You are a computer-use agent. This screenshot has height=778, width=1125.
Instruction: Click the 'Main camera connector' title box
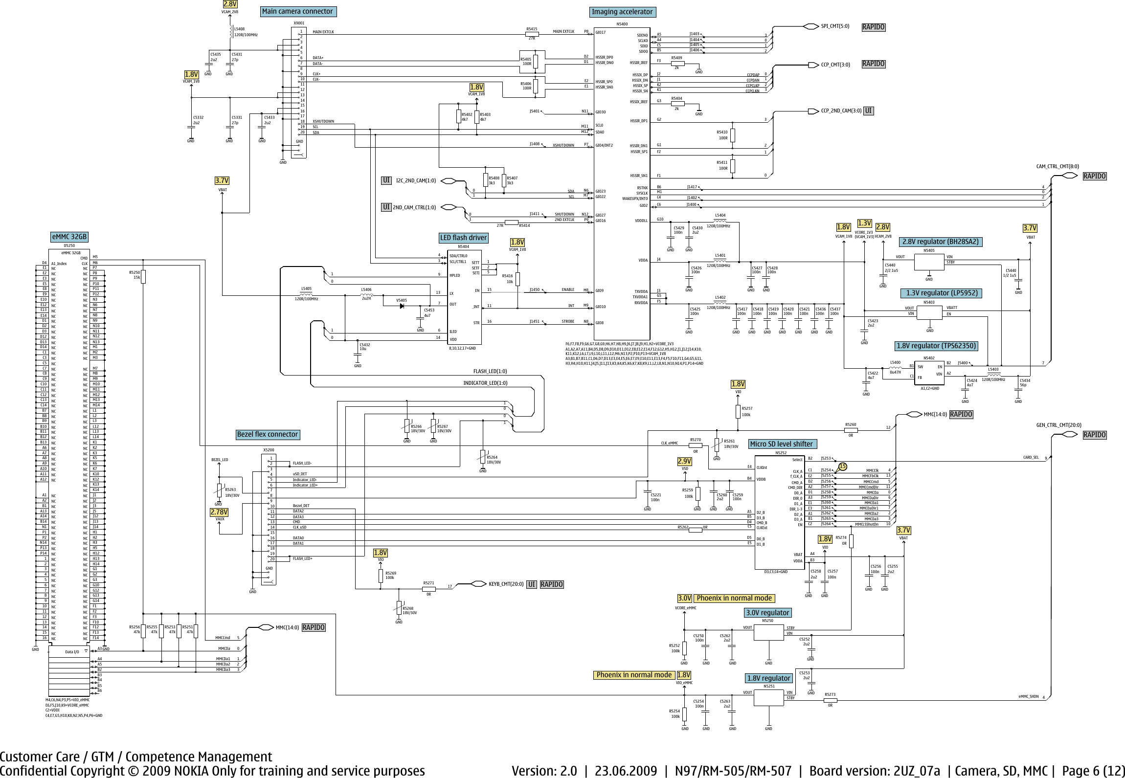coord(297,11)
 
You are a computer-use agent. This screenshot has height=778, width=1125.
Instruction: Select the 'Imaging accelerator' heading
coord(622,12)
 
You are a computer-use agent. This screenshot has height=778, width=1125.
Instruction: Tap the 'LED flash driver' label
coord(463,238)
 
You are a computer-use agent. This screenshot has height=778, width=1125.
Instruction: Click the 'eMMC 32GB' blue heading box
coord(69,237)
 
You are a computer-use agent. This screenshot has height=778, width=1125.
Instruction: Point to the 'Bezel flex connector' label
coord(267,434)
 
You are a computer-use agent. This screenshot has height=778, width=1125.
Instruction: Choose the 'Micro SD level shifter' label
coord(781,444)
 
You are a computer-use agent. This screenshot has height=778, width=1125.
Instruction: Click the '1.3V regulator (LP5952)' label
coord(942,293)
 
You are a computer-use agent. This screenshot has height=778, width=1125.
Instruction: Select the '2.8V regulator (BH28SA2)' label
coord(940,242)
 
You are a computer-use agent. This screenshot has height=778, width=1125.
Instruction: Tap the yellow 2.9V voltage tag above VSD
coord(684,461)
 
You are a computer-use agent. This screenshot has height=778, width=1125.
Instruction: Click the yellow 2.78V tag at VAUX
coord(219,512)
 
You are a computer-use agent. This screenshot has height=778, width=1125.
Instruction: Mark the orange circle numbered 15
coord(842,467)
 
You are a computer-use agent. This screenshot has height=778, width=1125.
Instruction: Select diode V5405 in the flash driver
coord(402,306)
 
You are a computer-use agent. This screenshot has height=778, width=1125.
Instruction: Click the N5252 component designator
coord(781,453)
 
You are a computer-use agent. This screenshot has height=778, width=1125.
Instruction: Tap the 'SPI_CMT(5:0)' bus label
coord(835,26)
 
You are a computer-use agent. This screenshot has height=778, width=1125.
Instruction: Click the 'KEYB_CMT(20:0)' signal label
coord(506,584)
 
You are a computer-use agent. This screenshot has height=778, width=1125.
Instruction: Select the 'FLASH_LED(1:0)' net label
coord(490,371)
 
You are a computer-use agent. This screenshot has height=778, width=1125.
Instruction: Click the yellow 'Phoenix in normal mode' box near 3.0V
coord(734,598)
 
